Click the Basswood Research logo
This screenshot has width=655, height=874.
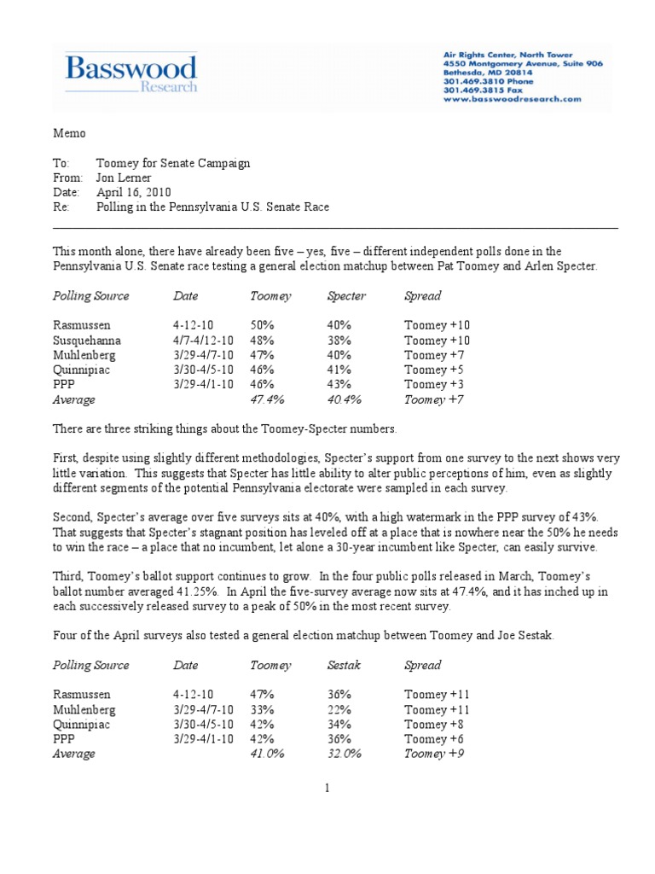132,74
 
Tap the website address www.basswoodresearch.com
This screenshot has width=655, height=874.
512,99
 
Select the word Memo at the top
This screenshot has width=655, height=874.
69,133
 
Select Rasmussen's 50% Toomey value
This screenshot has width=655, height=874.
262,325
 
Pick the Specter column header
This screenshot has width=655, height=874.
346,296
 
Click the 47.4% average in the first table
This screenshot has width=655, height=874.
267,399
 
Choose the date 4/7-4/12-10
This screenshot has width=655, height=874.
202,340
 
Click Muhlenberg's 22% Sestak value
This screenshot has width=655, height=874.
339,709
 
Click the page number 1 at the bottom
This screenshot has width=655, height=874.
327,789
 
